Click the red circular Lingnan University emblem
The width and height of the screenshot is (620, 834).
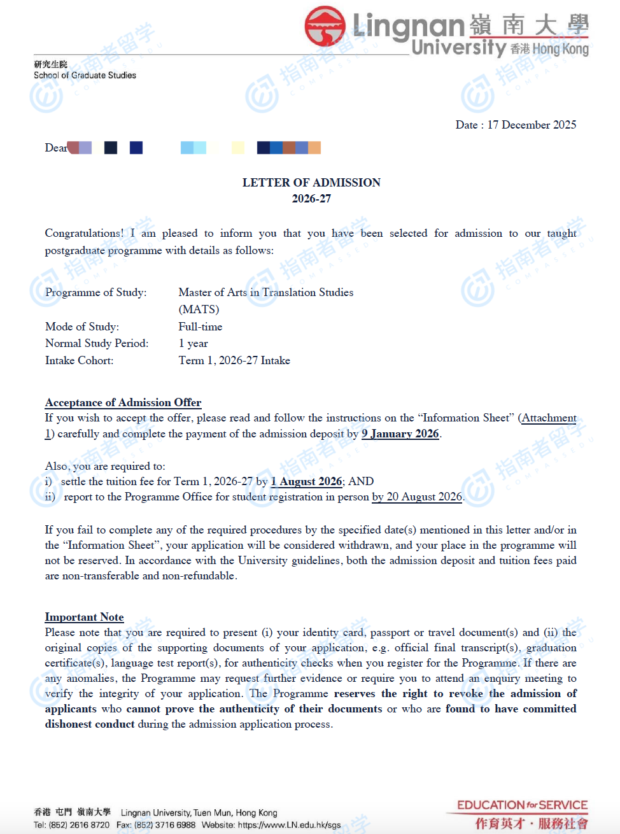325,27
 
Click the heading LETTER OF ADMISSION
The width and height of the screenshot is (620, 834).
311,183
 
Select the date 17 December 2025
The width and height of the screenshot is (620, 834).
532,125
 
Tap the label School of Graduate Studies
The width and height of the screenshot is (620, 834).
85,75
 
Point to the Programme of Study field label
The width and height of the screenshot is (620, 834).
95,292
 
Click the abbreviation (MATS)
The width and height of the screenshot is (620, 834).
199,309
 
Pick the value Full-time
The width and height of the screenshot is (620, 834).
200,327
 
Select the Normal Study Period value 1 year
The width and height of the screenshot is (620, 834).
193,343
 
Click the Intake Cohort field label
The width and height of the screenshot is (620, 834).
79,360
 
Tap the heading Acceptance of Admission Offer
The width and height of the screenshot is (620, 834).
123,402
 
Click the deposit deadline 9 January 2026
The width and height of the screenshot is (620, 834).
400,434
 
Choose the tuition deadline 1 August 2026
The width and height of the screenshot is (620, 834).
306,481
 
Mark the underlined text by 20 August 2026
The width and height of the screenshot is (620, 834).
417,497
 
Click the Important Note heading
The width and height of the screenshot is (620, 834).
84,617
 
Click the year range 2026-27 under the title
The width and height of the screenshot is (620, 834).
311,199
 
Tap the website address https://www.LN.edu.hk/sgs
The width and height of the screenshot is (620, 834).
289,825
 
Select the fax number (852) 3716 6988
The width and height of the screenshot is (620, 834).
165,825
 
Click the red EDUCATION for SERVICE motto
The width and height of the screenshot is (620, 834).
522,805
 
